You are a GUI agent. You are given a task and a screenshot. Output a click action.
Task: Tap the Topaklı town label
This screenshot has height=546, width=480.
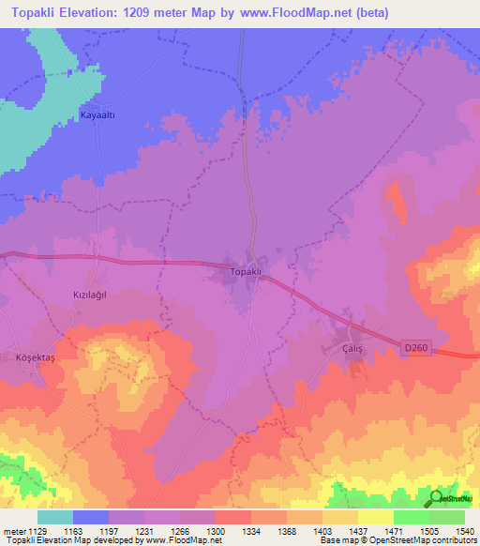[250, 272]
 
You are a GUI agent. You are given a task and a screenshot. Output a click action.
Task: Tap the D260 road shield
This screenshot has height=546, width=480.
[415, 347]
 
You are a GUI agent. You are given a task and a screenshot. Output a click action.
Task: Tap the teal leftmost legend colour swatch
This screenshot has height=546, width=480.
[55, 516]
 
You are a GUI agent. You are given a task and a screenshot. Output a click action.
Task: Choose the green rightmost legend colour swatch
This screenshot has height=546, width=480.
[447, 516]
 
